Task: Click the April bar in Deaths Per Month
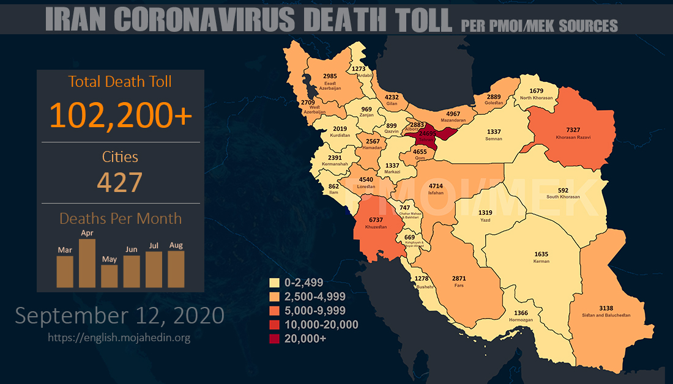(x=87, y=263)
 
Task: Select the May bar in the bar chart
(x=109, y=276)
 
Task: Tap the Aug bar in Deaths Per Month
(x=176, y=269)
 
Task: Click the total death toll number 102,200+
(x=121, y=114)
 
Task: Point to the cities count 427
(x=120, y=182)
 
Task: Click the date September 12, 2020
(x=119, y=316)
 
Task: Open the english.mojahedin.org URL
(x=119, y=338)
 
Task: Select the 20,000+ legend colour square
(x=275, y=337)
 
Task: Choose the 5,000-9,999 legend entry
(x=312, y=310)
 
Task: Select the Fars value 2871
(x=459, y=278)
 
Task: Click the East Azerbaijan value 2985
(x=330, y=76)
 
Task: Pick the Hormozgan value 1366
(x=517, y=313)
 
